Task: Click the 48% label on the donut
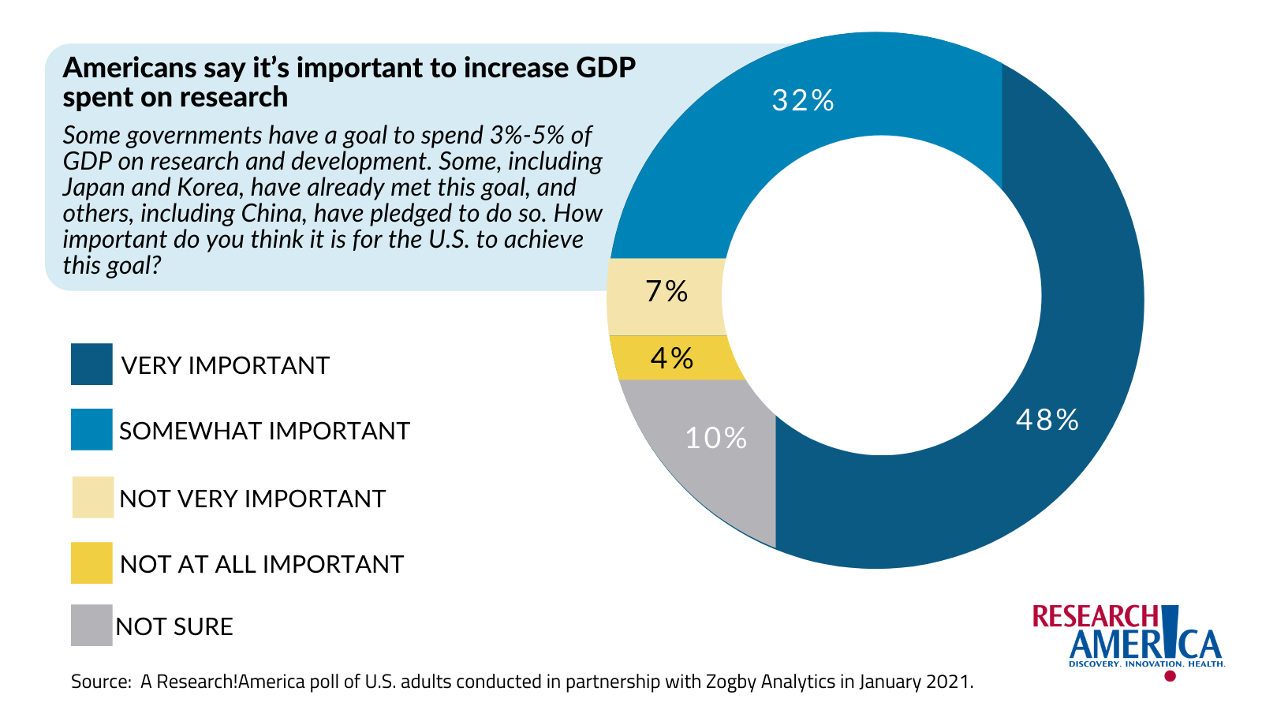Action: click(1047, 420)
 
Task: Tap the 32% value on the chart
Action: click(802, 100)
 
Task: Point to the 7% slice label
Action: click(666, 291)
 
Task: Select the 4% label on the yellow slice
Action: click(671, 358)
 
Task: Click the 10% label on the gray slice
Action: click(715, 438)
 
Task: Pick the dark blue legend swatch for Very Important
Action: click(91, 364)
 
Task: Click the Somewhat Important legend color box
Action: click(91, 429)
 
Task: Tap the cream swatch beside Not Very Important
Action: click(92, 497)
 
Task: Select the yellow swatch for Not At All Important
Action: click(91, 562)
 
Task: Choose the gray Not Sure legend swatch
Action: click(91, 626)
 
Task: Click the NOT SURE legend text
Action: click(174, 626)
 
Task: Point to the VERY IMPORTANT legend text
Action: click(225, 365)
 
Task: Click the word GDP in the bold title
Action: click(605, 68)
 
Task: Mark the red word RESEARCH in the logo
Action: click(1095, 617)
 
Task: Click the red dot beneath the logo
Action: click(1170, 676)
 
